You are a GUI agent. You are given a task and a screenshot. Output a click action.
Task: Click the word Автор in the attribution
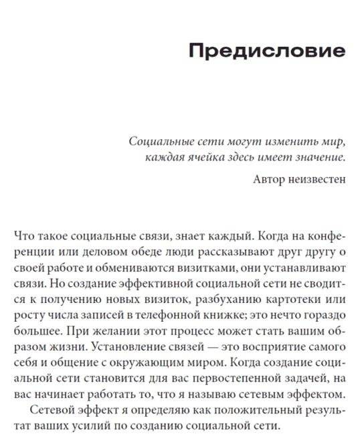point(271,179)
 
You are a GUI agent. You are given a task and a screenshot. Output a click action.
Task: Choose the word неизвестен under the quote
point(318,179)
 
